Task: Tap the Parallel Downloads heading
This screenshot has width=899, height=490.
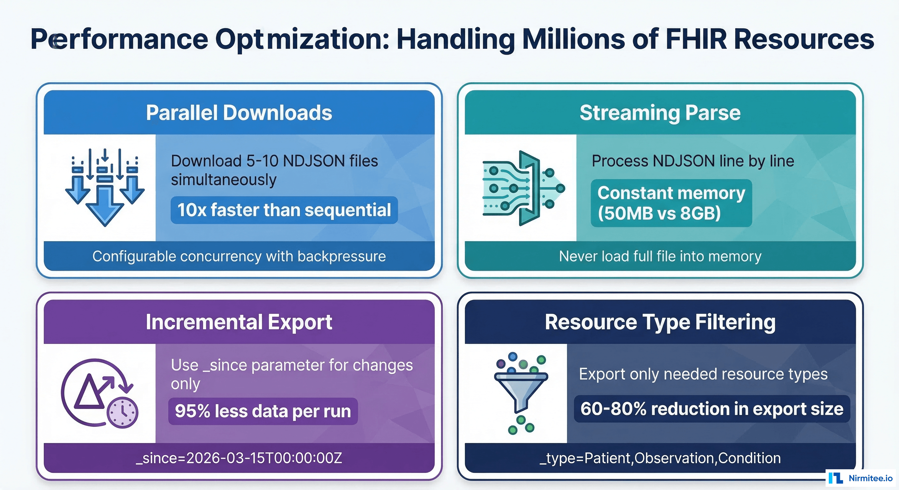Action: point(239,113)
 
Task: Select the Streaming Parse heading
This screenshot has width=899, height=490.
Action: point(660,113)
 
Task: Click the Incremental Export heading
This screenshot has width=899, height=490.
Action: point(239,322)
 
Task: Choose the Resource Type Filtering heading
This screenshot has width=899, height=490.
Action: point(660,322)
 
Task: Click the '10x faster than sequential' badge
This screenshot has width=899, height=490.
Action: point(284,210)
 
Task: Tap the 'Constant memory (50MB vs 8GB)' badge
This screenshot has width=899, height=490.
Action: point(671,203)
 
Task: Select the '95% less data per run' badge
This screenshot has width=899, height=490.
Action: point(263,411)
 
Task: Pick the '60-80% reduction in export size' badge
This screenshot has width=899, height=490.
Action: point(712,409)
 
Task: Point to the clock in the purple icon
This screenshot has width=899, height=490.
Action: point(123,412)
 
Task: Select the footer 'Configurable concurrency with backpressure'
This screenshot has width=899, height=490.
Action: point(239,256)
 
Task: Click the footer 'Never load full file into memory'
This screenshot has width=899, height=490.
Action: point(660,256)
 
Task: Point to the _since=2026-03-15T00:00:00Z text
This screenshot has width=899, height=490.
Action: point(239,458)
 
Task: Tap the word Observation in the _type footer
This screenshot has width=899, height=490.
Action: point(674,458)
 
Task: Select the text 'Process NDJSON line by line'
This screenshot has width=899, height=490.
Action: point(693,161)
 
